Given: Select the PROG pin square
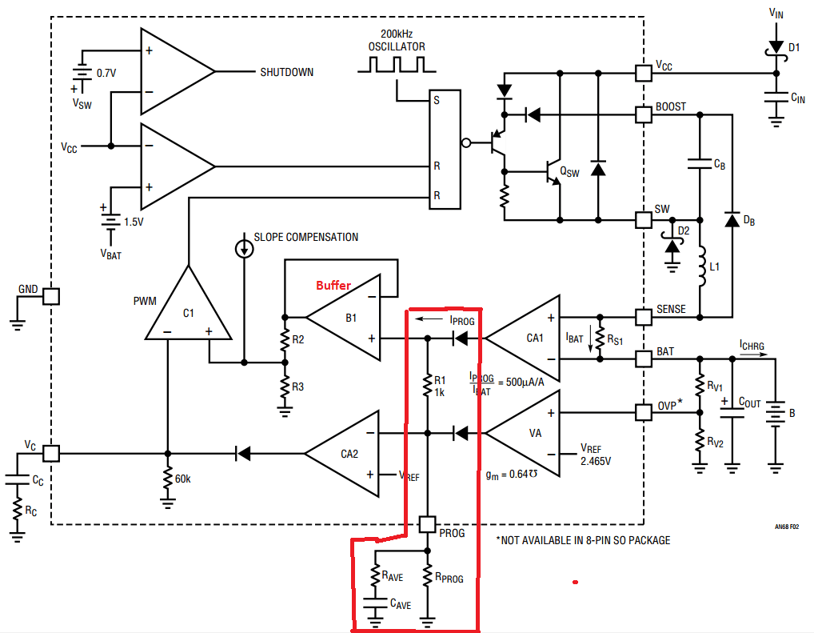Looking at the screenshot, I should coord(427,525).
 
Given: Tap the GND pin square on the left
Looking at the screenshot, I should coord(50,296).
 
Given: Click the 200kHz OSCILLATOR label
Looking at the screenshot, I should coord(397,41).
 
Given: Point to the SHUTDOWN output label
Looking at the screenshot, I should coord(286,72).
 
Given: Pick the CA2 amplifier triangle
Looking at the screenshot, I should coord(345,452).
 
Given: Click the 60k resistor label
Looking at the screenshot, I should coord(183,479).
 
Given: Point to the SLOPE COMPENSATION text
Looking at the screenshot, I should coord(305,237).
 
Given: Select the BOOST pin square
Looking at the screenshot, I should coord(643,114).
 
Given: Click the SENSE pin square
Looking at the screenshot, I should coord(643,317).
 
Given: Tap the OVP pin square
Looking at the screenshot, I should coord(643,413).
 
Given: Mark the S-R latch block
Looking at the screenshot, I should coord(445,149).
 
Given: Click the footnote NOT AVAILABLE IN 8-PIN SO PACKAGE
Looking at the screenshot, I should coord(583,540).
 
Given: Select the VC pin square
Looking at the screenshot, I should coord(50,453).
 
